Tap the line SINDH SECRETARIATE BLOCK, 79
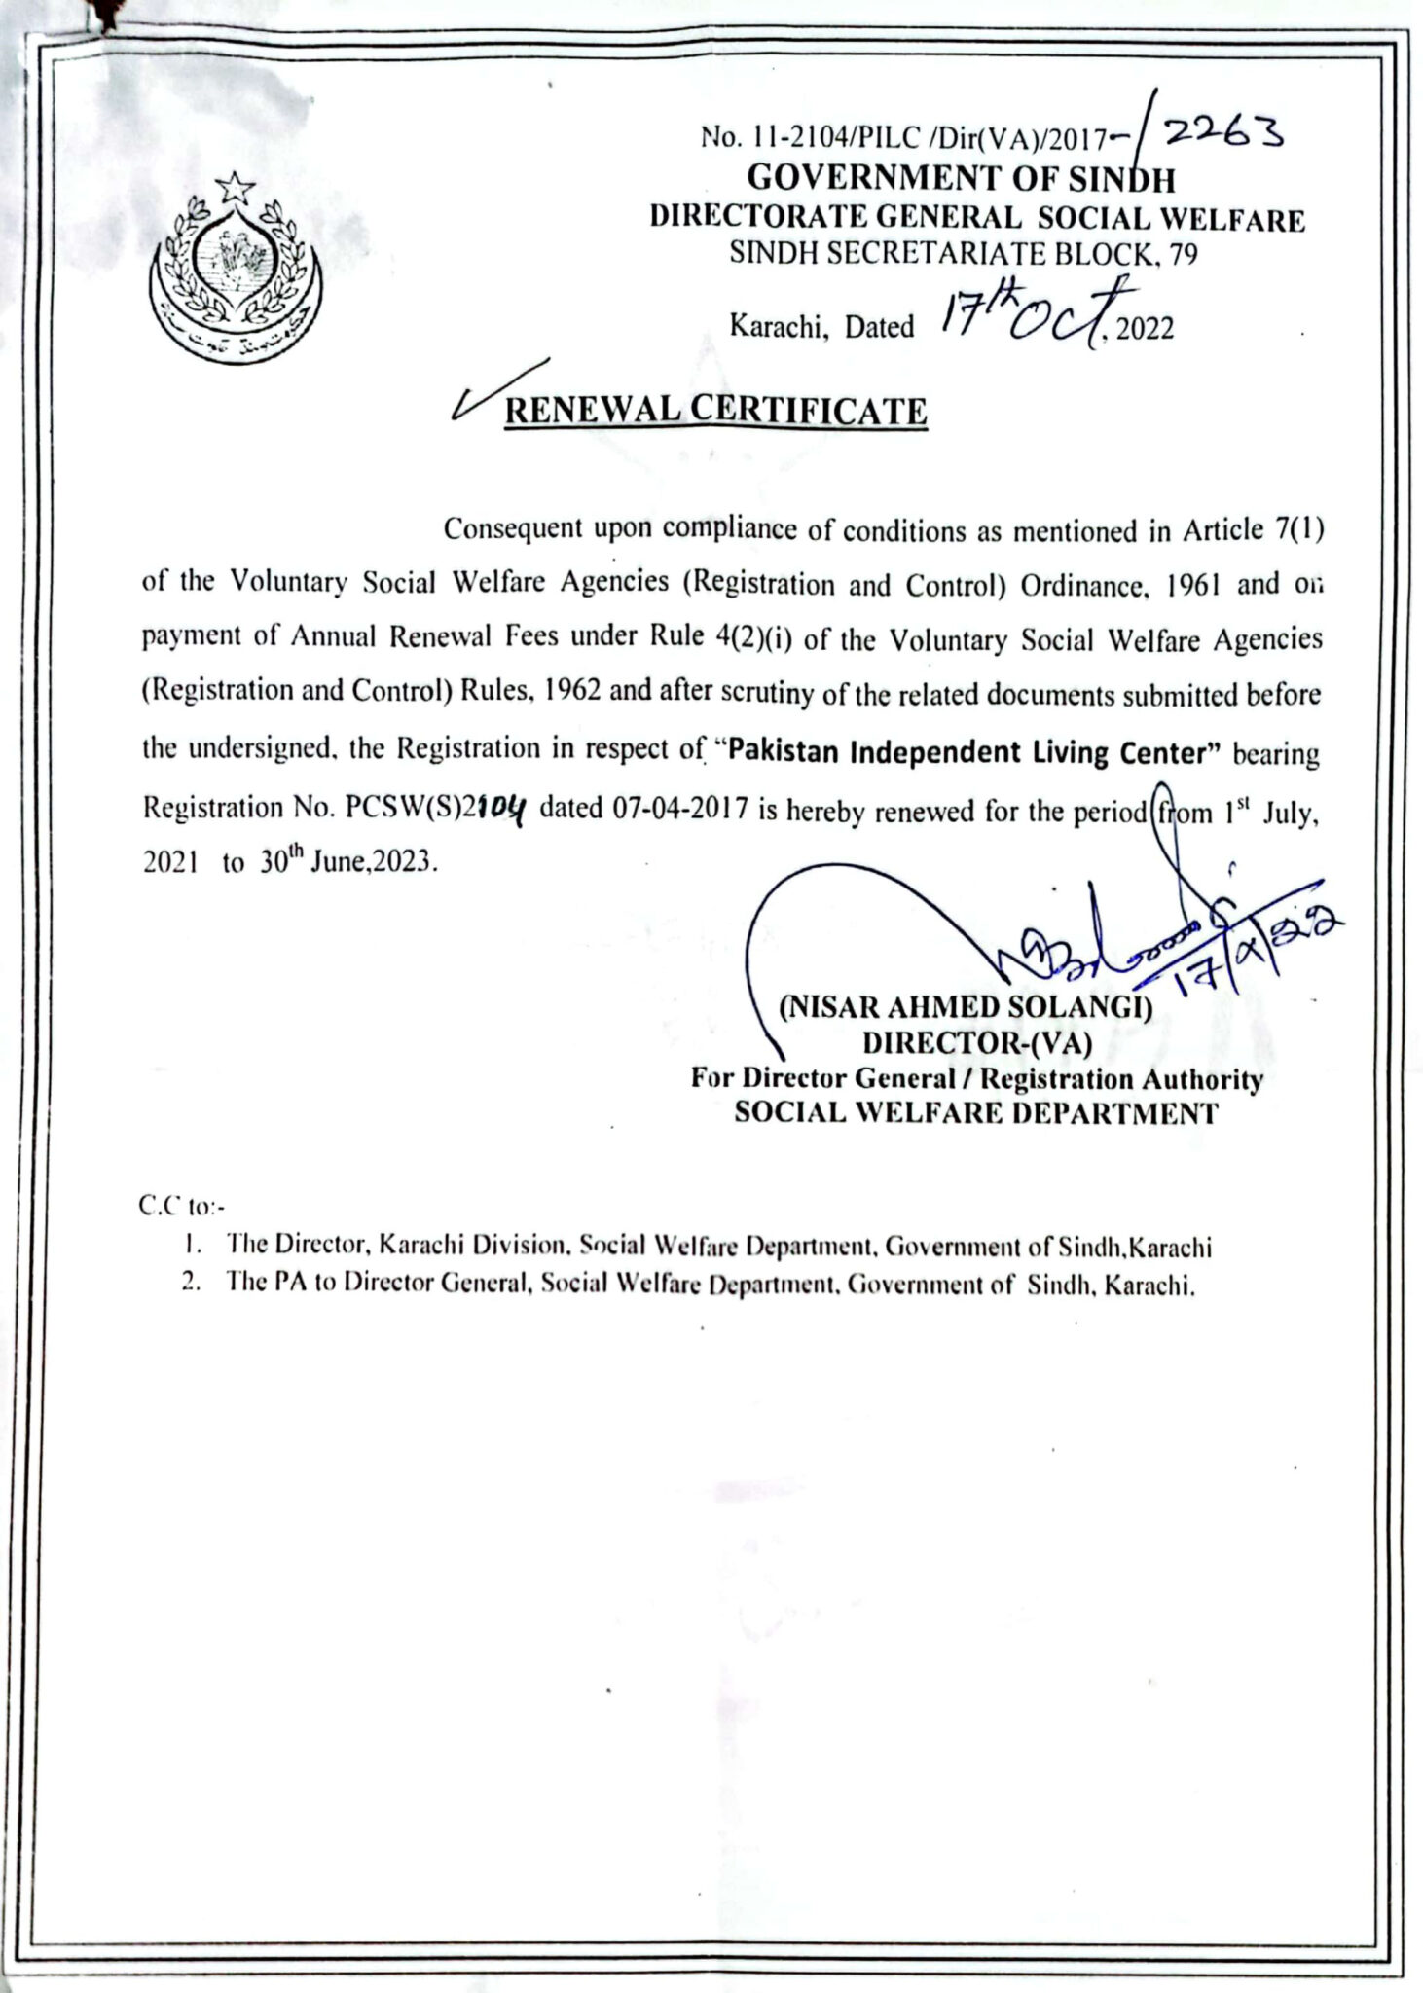[x=964, y=254]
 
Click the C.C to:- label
[x=182, y=1207]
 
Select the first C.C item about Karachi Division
[x=718, y=1246]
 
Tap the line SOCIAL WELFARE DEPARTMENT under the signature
[x=975, y=1113]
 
